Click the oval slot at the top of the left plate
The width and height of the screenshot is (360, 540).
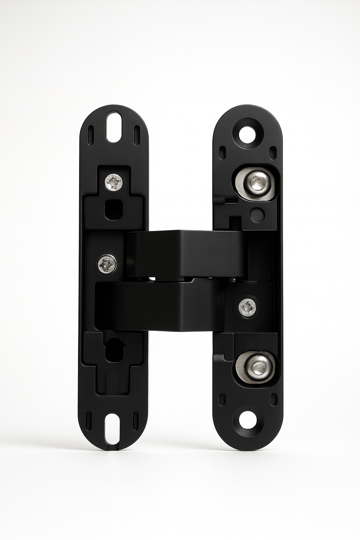click(114, 127)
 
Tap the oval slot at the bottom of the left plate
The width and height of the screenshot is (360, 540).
click(114, 428)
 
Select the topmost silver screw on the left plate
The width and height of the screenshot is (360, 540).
click(114, 182)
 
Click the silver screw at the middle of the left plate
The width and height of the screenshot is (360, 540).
click(107, 263)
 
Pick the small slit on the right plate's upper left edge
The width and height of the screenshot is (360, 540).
click(222, 153)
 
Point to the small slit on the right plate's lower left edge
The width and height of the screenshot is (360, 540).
click(222, 399)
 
